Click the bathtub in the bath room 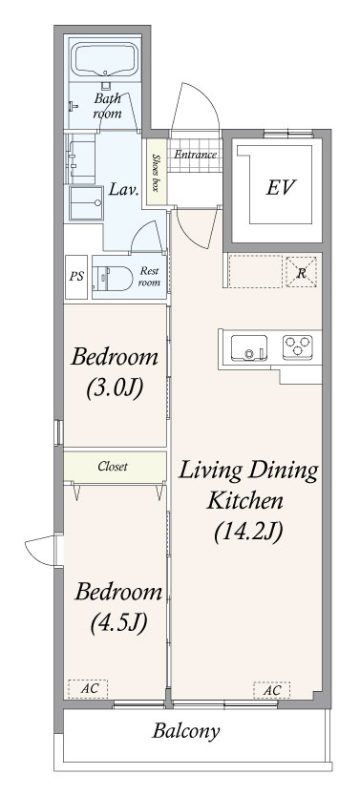click(x=105, y=60)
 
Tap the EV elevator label click(x=280, y=187)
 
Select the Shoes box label click(x=157, y=172)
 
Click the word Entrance click(x=196, y=155)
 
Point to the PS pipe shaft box click(x=76, y=277)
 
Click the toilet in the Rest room click(x=113, y=277)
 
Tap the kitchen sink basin click(x=249, y=347)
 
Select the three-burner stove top click(x=298, y=346)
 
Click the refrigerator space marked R click(x=301, y=272)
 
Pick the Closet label click(x=113, y=466)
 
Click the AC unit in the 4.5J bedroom click(x=88, y=689)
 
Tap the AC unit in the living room click(x=272, y=690)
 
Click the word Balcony click(x=186, y=731)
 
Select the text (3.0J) click(x=114, y=388)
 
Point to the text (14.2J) click(x=247, y=532)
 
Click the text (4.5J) click(x=118, y=622)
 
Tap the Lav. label click(x=124, y=191)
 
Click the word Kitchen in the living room click(x=244, y=501)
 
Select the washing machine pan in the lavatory click(x=86, y=203)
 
